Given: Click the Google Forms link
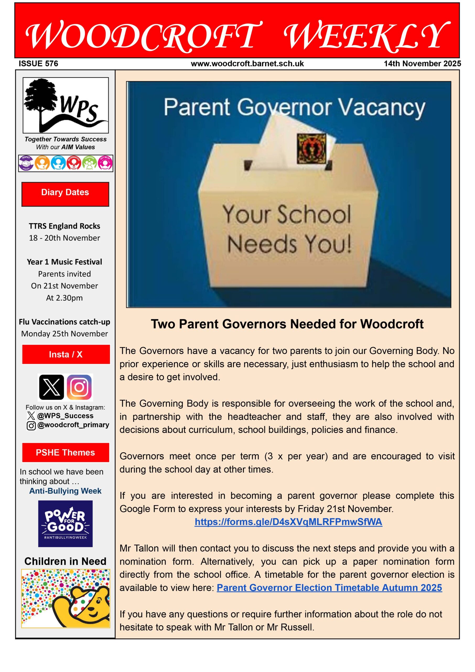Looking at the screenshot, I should point(288,522).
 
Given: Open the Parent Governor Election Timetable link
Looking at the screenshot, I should point(329,588).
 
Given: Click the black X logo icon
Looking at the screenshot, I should point(51,387).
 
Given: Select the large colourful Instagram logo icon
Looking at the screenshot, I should point(79,387).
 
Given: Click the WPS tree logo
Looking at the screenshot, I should point(66,105).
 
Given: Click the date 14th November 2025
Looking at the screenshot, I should point(422,64).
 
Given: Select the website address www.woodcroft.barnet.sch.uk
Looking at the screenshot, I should point(247,64).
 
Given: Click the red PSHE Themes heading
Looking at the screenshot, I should point(66,452).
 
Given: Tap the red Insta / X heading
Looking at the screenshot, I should point(66,354).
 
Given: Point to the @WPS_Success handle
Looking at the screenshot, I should point(65,416).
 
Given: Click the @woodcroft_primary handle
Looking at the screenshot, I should point(73,425).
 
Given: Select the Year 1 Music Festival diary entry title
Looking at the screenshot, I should point(64,262).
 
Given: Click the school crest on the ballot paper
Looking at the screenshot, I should point(311,149).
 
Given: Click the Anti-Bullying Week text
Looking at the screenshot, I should point(65,491).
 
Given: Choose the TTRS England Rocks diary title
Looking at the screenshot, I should point(64,226).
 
